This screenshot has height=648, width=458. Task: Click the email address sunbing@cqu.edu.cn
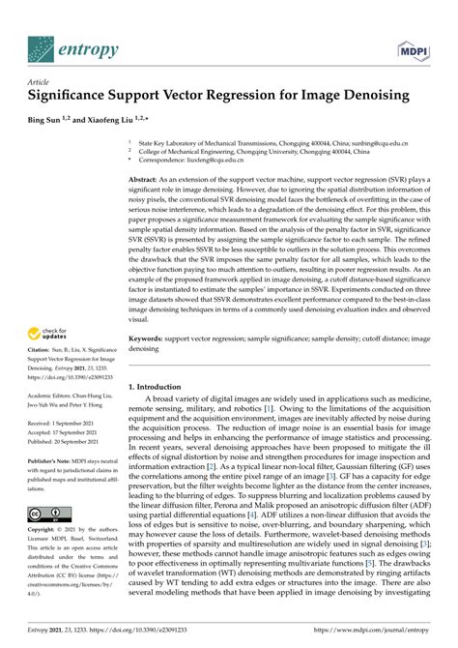pyautogui.click(x=377, y=141)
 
